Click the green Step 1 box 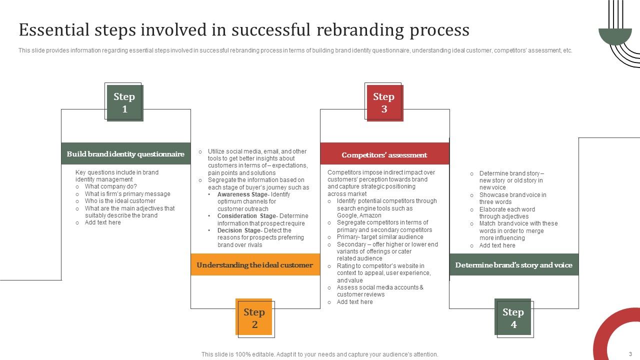[124, 102]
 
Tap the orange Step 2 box [254, 317]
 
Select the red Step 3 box [384, 102]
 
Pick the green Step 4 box [513, 317]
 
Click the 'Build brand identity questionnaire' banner [125, 154]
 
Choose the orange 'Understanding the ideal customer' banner [255, 265]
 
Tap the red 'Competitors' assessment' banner [384, 155]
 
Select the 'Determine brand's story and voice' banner [513, 265]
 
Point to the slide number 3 [630, 354]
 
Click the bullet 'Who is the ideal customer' [120, 201]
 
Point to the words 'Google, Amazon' [359, 215]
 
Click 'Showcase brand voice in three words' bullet [512, 198]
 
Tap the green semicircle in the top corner [615, 35]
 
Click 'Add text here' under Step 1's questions [102, 222]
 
